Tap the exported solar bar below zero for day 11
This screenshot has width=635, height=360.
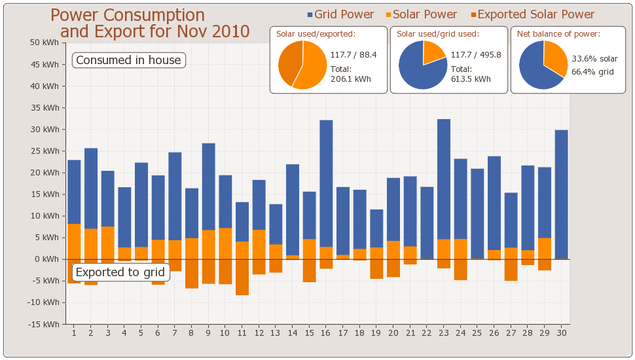coord(242,277)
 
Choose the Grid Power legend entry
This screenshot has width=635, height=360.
coord(340,14)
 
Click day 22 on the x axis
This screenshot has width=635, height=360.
coord(427,333)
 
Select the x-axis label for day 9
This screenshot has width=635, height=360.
coord(209,333)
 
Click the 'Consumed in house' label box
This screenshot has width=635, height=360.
coord(128,60)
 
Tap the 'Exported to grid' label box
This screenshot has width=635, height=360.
coord(120,272)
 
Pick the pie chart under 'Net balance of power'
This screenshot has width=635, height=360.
coord(543,64)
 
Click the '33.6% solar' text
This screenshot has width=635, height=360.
coord(594,59)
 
